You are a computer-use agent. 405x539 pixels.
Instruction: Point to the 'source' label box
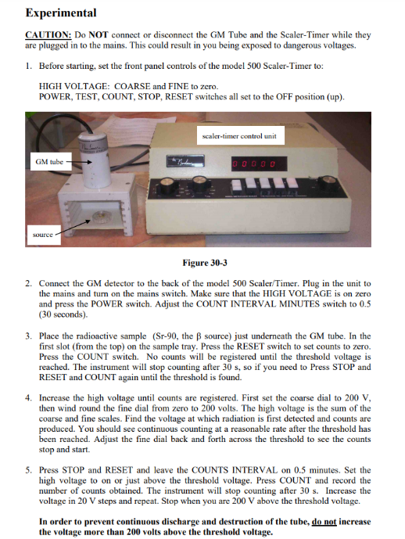click(x=43, y=234)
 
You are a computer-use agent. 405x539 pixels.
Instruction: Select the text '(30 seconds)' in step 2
click(x=64, y=313)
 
